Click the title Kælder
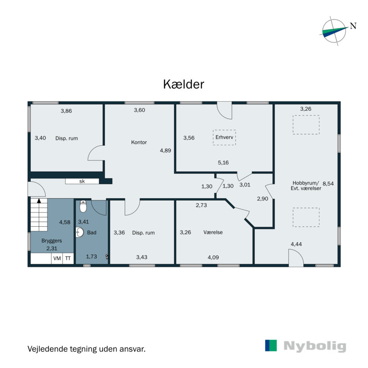pyautogui.click(x=184, y=84)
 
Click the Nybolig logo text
pyautogui.click(x=315, y=346)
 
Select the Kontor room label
pyautogui.click(x=138, y=142)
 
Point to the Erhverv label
pyautogui.click(x=224, y=137)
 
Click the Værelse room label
pyautogui.click(x=213, y=232)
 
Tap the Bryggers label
pyautogui.click(x=52, y=241)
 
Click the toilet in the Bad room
pyautogui.click(x=83, y=207)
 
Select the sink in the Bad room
pyautogui.click(x=80, y=232)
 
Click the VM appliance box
pyautogui.click(x=57, y=259)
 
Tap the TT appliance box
pyautogui.click(x=68, y=259)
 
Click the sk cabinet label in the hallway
pyautogui.click(x=82, y=181)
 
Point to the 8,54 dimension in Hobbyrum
pyautogui.click(x=328, y=183)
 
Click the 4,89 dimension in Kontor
pyautogui.click(x=165, y=150)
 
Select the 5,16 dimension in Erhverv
pyautogui.click(x=223, y=162)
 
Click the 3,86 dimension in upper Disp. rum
pyautogui.click(x=67, y=111)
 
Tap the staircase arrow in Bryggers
pyautogui.click(x=39, y=201)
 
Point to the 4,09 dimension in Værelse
pyautogui.click(x=213, y=258)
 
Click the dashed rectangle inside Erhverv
pyautogui.click(x=224, y=137)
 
